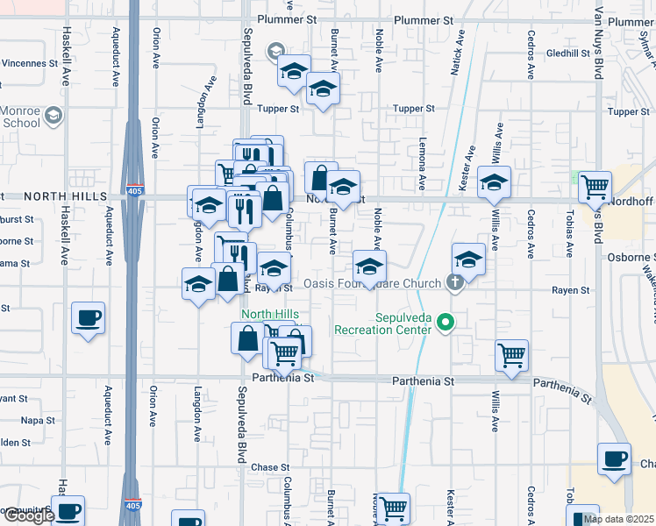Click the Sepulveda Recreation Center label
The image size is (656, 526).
[382, 323]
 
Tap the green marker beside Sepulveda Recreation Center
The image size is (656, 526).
[446, 324]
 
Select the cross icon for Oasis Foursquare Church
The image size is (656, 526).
[453, 282]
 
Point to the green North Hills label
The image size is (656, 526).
[269, 315]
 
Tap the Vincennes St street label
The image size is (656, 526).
[29, 63]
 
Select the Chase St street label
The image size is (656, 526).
[270, 467]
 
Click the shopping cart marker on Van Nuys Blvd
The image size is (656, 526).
[595, 186]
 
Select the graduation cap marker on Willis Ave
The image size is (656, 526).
[494, 182]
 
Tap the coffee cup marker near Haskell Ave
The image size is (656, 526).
[88, 317]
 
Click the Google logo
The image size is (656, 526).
[28, 516]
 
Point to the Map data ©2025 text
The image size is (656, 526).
[619, 519]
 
